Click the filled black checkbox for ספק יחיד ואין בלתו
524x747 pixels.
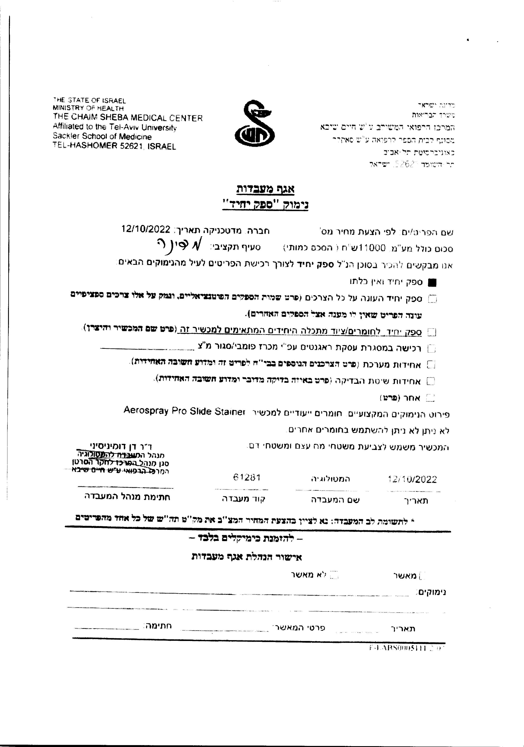432,283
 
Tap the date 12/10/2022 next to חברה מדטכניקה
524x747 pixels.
146,229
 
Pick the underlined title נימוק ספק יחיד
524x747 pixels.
265,205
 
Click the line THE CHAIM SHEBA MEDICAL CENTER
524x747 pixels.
128,118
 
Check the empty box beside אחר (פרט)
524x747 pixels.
430,398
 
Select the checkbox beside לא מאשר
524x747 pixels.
334,575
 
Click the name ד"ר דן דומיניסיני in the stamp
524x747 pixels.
121,446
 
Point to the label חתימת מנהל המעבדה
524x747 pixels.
127,497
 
